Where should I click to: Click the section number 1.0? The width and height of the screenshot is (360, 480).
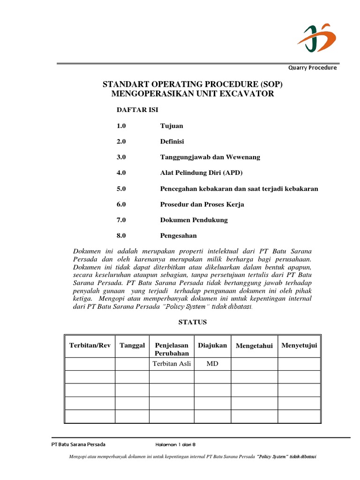121,126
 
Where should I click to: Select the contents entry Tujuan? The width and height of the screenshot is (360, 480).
172,126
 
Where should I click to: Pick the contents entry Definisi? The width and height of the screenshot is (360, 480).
172,141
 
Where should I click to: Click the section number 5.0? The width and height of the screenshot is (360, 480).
121,188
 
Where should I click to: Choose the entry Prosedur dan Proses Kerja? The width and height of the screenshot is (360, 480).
202,204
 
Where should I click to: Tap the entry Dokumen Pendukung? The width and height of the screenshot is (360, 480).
194,220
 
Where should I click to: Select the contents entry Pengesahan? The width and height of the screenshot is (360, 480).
179,236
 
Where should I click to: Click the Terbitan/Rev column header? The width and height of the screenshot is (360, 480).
90,345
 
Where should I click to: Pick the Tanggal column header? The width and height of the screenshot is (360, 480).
132,345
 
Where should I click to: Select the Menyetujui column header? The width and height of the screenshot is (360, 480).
299,345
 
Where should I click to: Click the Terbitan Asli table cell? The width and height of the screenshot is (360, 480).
172,364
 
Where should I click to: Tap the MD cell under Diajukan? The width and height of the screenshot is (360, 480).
212,364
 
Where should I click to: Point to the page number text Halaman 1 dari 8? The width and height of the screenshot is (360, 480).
179,445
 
